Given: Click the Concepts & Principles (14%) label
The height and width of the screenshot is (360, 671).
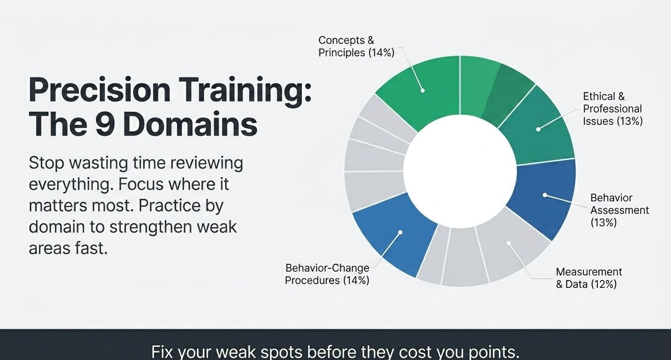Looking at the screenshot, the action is [356, 46].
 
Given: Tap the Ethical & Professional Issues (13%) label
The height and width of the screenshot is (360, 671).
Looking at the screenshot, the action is [612, 109].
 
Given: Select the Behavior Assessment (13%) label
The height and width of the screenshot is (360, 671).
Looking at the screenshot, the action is [619, 210].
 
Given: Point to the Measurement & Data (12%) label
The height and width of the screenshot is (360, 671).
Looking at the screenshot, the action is [589, 278].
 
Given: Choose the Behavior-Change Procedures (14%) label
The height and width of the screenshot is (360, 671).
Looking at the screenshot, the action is [327, 274].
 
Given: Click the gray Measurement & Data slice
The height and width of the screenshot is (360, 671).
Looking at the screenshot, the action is [509, 243].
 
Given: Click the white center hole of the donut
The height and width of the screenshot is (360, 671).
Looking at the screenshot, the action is [460, 171].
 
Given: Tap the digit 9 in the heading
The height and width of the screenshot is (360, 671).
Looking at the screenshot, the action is [105, 124].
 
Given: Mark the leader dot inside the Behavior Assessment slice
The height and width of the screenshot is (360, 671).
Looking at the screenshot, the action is [545, 195].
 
